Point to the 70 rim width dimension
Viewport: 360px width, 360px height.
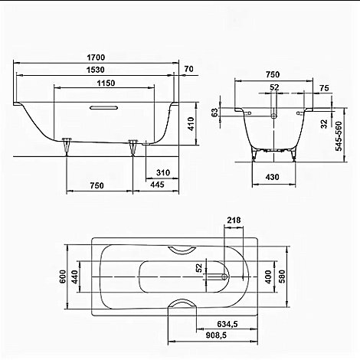188,70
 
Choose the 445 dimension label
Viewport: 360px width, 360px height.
157,185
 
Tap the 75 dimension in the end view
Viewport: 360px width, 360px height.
325,89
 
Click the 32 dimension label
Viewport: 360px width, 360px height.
325,123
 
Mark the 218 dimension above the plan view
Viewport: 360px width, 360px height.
233,221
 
